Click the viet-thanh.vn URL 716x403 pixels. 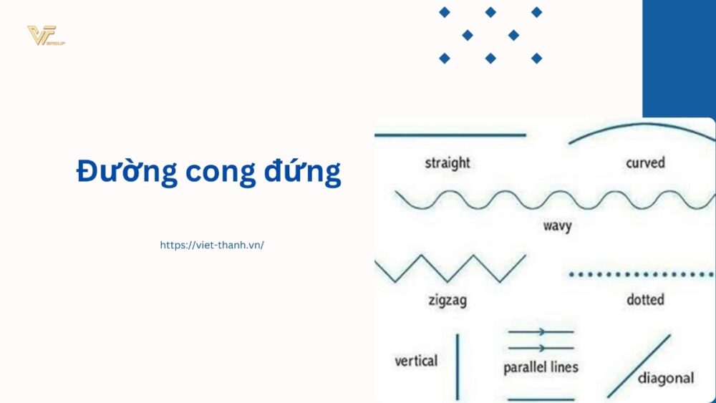point(212,245)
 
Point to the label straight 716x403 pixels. point(447,162)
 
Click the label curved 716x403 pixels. point(645,162)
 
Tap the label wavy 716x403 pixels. point(557,226)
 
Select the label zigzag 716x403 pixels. point(447,299)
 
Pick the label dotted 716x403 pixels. point(645,299)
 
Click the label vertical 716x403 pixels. point(416,360)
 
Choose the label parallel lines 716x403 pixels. point(541,367)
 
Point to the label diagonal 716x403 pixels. point(665,378)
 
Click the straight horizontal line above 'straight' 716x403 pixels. point(450,135)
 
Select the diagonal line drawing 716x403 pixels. point(639,366)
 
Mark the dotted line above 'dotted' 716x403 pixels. point(642,273)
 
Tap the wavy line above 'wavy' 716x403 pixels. point(555,200)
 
